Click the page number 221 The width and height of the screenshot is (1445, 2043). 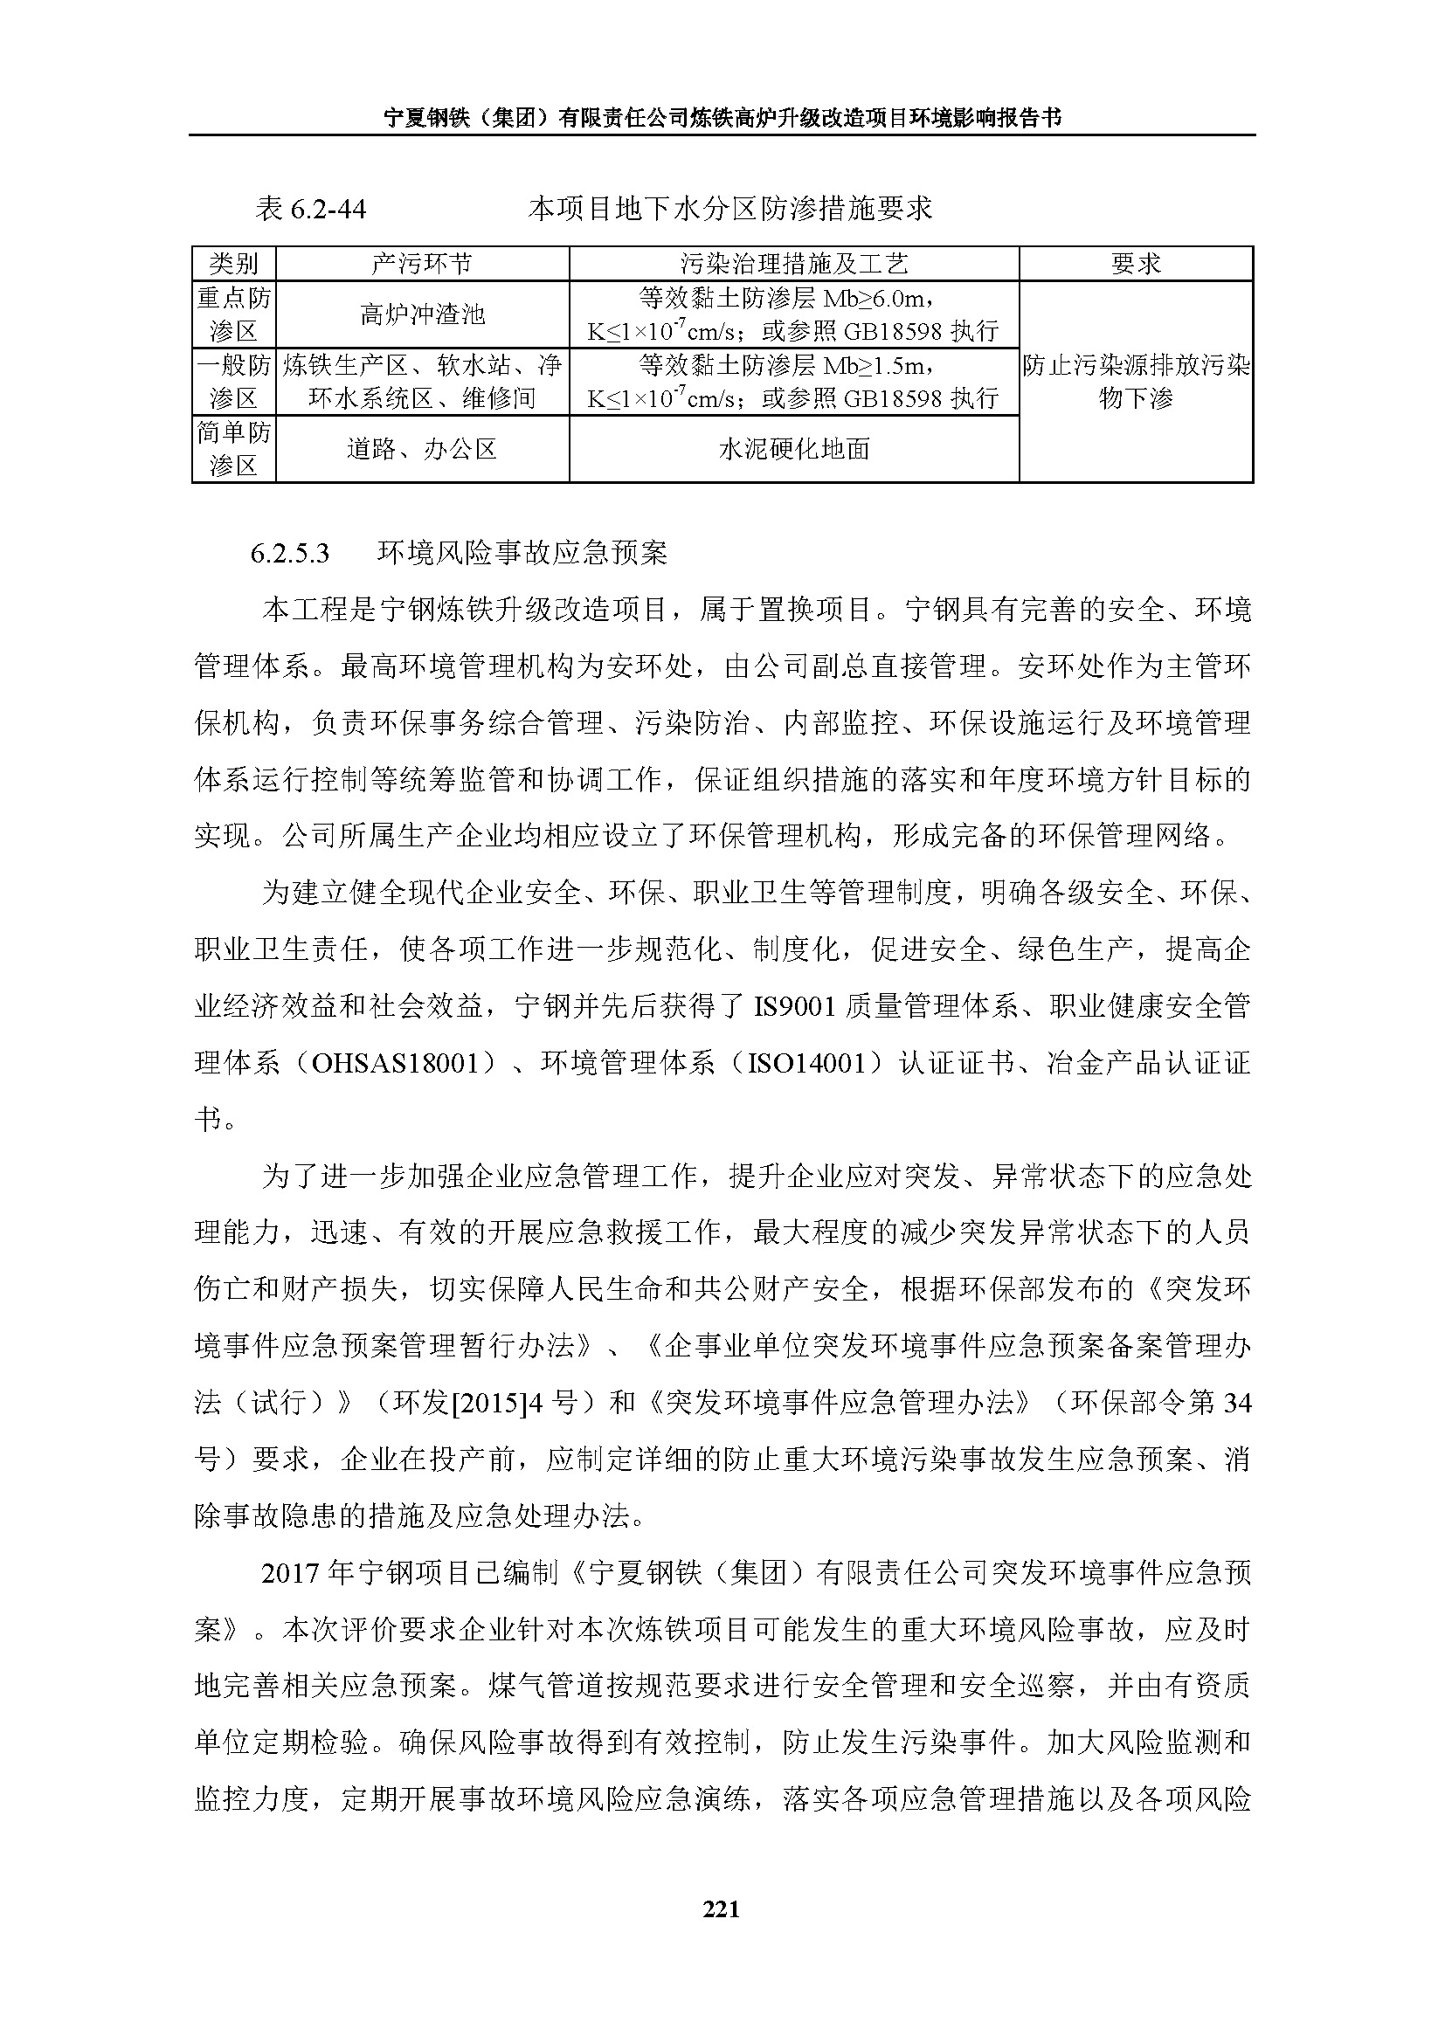(x=721, y=1908)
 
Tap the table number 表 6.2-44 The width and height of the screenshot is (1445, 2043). (x=311, y=209)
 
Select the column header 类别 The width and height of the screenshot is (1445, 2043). (x=233, y=264)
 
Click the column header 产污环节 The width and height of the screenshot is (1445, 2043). (x=422, y=264)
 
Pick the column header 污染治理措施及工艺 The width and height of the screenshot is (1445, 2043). (x=792, y=264)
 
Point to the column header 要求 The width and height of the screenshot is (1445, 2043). (x=1136, y=264)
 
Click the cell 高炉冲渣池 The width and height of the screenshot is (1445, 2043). (x=422, y=315)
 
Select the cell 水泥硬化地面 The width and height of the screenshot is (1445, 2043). (x=792, y=449)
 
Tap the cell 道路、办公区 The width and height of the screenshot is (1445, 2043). (x=422, y=449)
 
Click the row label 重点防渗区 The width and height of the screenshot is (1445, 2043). (x=233, y=315)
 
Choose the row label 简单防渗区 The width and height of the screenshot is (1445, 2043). (x=233, y=449)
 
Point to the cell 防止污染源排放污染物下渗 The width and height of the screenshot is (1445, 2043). (x=1136, y=382)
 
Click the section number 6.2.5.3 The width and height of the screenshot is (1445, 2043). (x=290, y=554)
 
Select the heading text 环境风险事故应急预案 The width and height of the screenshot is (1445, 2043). (x=522, y=554)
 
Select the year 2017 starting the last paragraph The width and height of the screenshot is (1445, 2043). (x=290, y=1573)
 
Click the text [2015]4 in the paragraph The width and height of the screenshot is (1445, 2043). (x=491, y=1404)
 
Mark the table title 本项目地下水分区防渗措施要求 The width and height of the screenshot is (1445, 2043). (x=729, y=209)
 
